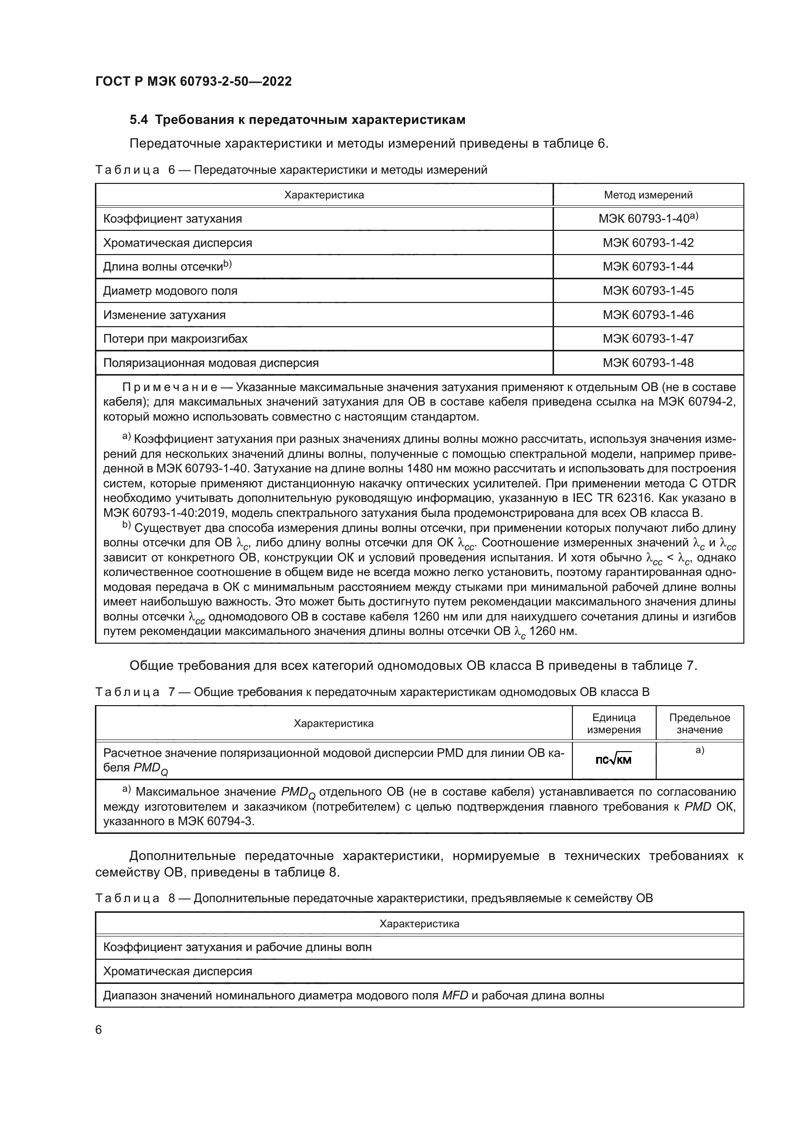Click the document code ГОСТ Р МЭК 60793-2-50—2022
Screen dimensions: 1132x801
coord(193,81)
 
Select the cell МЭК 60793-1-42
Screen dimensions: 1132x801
coord(647,242)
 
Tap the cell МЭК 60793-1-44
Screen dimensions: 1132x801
coord(647,267)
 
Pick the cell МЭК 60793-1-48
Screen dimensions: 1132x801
coord(647,363)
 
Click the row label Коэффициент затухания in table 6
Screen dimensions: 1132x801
coord(172,218)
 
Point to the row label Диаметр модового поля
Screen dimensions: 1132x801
coord(169,291)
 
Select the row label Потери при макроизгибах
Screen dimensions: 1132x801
coord(175,339)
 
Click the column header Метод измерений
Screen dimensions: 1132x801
coord(647,195)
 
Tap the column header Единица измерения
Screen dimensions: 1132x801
coord(614,723)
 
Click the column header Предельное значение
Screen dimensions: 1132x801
coord(699,723)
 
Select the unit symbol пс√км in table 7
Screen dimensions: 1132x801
coord(614,760)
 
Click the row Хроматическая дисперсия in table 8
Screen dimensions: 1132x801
coord(177,971)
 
